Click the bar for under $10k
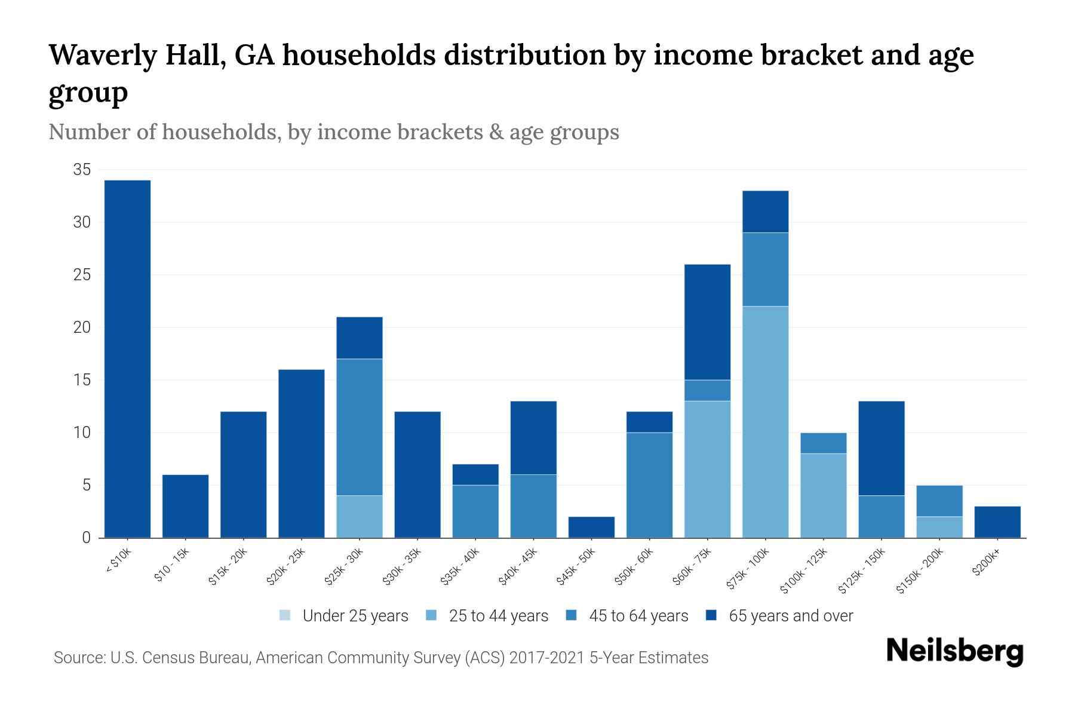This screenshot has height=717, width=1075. [127, 358]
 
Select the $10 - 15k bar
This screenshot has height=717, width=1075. [185, 506]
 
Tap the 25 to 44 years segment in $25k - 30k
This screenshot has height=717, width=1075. [360, 516]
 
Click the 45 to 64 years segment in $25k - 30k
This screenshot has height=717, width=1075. [360, 427]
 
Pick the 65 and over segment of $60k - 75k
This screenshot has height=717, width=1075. [707, 322]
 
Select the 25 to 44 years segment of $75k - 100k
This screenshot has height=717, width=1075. [765, 422]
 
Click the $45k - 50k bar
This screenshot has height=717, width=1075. [591, 527]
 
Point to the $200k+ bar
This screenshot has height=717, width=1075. [997, 522]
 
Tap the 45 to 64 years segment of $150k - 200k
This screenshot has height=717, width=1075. [939, 501]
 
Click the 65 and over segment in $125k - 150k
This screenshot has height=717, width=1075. [881, 448]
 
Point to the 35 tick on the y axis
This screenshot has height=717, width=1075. [82, 170]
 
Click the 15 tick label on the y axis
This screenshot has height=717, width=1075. [82, 380]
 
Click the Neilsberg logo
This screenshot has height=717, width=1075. [954, 651]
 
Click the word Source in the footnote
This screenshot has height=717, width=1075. [78, 658]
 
